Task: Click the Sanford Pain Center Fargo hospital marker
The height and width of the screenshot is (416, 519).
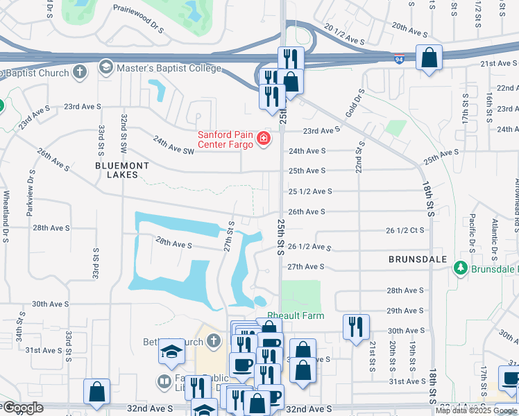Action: point(264,139)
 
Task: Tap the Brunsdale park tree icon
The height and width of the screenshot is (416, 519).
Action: point(460,268)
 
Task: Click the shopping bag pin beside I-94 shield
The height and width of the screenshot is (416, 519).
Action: point(429,58)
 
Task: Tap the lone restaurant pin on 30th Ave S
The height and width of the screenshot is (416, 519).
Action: point(356,327)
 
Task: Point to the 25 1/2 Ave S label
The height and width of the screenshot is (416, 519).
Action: point(310,191)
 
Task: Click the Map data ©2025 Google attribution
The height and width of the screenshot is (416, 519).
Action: point(476,410)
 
